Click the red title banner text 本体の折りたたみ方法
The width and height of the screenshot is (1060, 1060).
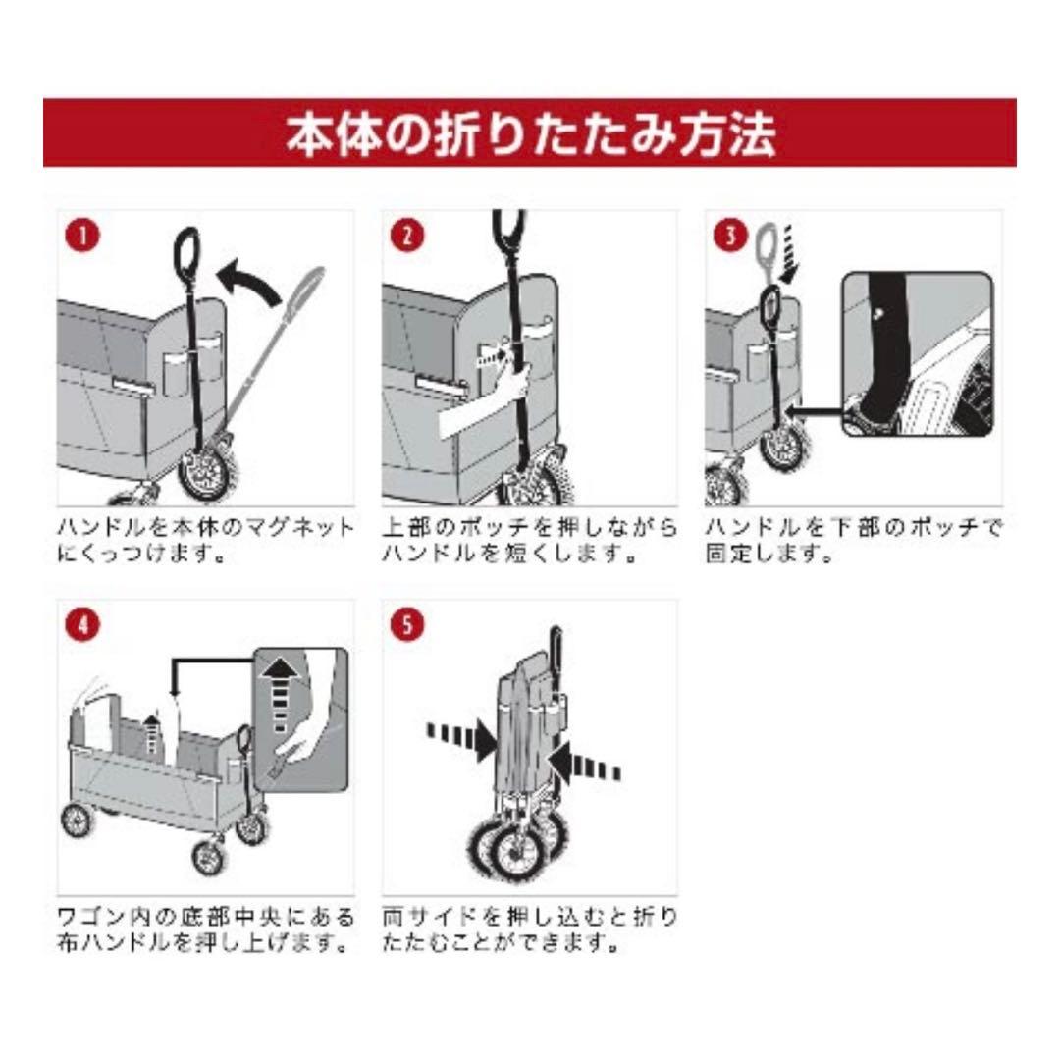click(x=530, y=134)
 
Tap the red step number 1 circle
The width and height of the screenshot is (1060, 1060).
click(x=83, y=236)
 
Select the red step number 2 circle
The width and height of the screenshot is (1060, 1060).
click(x=406, y=236)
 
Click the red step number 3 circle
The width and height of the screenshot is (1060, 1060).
click(x=728, y=236)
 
